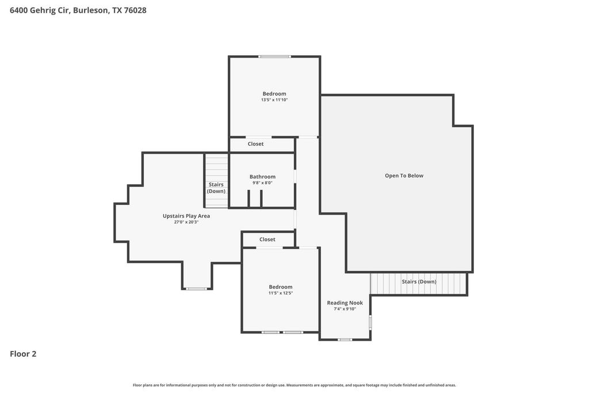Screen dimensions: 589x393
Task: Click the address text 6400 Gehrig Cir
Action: [39, 10]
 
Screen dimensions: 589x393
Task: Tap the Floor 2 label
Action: [23, 354]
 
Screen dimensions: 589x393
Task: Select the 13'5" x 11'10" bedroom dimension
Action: [274, 100]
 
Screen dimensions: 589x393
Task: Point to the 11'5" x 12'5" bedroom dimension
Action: [280, 293]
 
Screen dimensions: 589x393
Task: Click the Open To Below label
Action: [404, 176]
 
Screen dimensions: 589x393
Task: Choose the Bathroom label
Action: [262, 177]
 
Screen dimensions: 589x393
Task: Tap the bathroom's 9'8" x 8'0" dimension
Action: [262, 183]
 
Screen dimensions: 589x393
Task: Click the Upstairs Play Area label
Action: [186, 216]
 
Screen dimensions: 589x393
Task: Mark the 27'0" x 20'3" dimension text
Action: [186, 222]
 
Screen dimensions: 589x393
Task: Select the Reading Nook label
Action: [345, 303]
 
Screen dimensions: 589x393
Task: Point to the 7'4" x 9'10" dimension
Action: [345, 309]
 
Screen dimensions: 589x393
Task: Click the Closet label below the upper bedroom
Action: [255, 144]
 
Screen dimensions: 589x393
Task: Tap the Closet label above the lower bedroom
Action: [267, 239]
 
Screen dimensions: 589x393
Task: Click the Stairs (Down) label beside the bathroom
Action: [216, 188]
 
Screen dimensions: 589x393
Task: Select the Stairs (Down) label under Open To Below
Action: [419, 281]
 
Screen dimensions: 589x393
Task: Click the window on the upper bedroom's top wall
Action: [274, 57]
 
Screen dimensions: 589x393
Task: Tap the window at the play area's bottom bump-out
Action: [197, 289]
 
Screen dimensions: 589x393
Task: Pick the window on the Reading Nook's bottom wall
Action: [345, 339]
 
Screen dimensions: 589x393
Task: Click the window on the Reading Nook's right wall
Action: [370, 322]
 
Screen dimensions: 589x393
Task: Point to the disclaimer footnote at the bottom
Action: [294, 385]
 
